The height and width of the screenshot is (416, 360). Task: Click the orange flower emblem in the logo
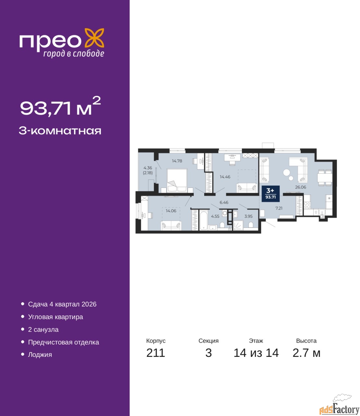[94, 38]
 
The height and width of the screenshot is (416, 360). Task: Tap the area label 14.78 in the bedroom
[177, 161]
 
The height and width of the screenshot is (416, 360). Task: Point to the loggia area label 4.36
[148, 168]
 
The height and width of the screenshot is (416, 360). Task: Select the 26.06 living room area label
[301, 187]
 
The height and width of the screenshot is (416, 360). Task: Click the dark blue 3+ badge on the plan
[270, 193]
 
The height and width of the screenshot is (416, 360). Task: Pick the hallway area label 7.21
[279, 208]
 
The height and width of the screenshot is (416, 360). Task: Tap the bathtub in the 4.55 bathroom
[204, 220]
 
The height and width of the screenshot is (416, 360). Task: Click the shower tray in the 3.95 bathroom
[238, 226]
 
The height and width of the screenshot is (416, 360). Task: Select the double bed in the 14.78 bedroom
[177, 180]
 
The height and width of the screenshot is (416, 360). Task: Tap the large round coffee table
[287, 172]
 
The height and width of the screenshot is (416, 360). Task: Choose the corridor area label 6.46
[224, 202]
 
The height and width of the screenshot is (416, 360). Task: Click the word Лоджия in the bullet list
[40, 360]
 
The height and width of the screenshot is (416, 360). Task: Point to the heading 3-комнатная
[60, 131]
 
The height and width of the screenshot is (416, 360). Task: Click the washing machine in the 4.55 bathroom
[225, 214]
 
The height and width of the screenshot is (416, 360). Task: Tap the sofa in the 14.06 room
[171, 226]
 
